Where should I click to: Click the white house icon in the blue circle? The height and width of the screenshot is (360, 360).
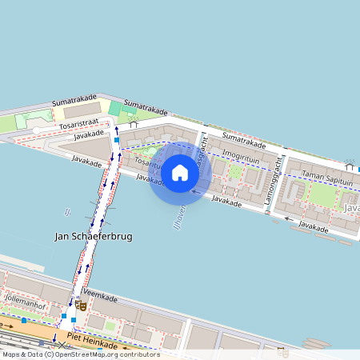(180, 172)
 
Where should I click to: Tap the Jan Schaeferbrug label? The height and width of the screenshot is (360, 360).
(93, 237)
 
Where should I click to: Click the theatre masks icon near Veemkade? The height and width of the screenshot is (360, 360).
(81, 305)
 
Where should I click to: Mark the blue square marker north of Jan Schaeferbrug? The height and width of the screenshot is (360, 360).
(117, 140)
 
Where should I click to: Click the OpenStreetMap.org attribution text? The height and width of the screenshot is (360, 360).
(106, 354)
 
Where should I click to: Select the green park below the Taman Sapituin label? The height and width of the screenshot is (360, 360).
(322, 194)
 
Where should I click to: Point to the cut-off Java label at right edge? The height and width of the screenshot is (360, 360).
(351, 208)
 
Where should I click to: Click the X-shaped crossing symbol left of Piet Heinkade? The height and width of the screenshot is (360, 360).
(62, 345)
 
